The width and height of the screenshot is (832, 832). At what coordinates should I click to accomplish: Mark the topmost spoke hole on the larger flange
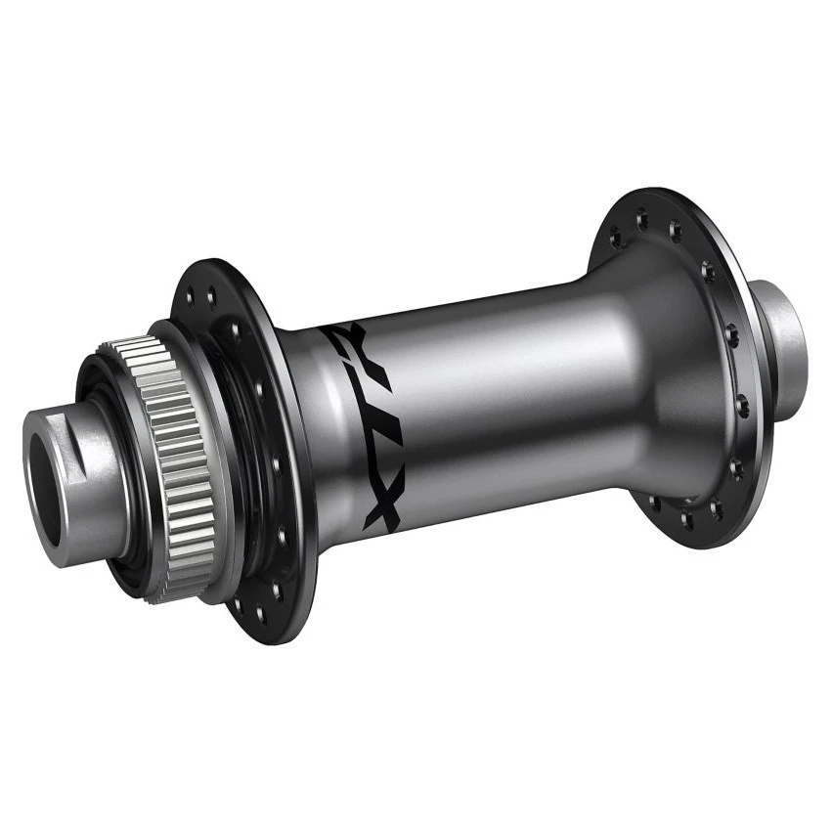(642, 219)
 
